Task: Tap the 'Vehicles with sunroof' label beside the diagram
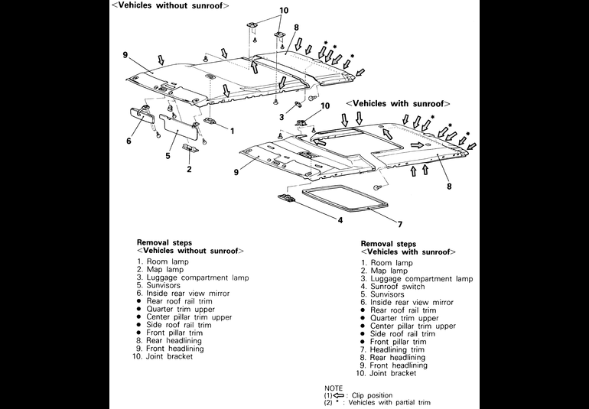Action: point(398,103)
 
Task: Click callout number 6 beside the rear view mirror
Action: point(129,141)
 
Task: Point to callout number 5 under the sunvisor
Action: point(168,156)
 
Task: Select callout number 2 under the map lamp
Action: point(189,170)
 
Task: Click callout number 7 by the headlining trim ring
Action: point(399,224)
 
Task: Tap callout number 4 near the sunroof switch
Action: point(340,220)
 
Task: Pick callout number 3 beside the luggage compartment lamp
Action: point(281,117)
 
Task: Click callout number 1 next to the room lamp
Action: point(232,131)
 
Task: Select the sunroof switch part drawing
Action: point(286,198)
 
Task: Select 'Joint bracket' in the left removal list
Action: point(166,356)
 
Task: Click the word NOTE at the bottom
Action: point(334,388)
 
